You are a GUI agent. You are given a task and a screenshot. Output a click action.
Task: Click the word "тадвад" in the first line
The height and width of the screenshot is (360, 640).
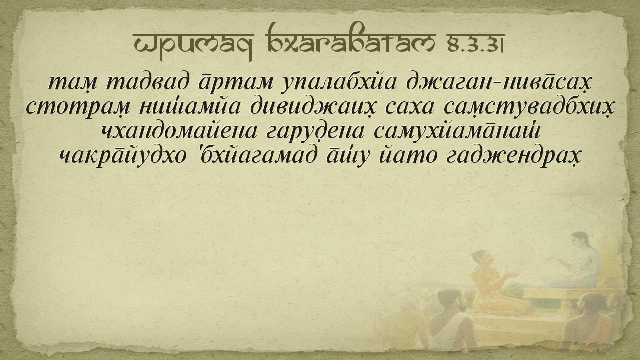pos(147,83)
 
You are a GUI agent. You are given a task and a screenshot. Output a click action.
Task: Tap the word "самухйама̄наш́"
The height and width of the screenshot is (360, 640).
pos(457,132)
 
